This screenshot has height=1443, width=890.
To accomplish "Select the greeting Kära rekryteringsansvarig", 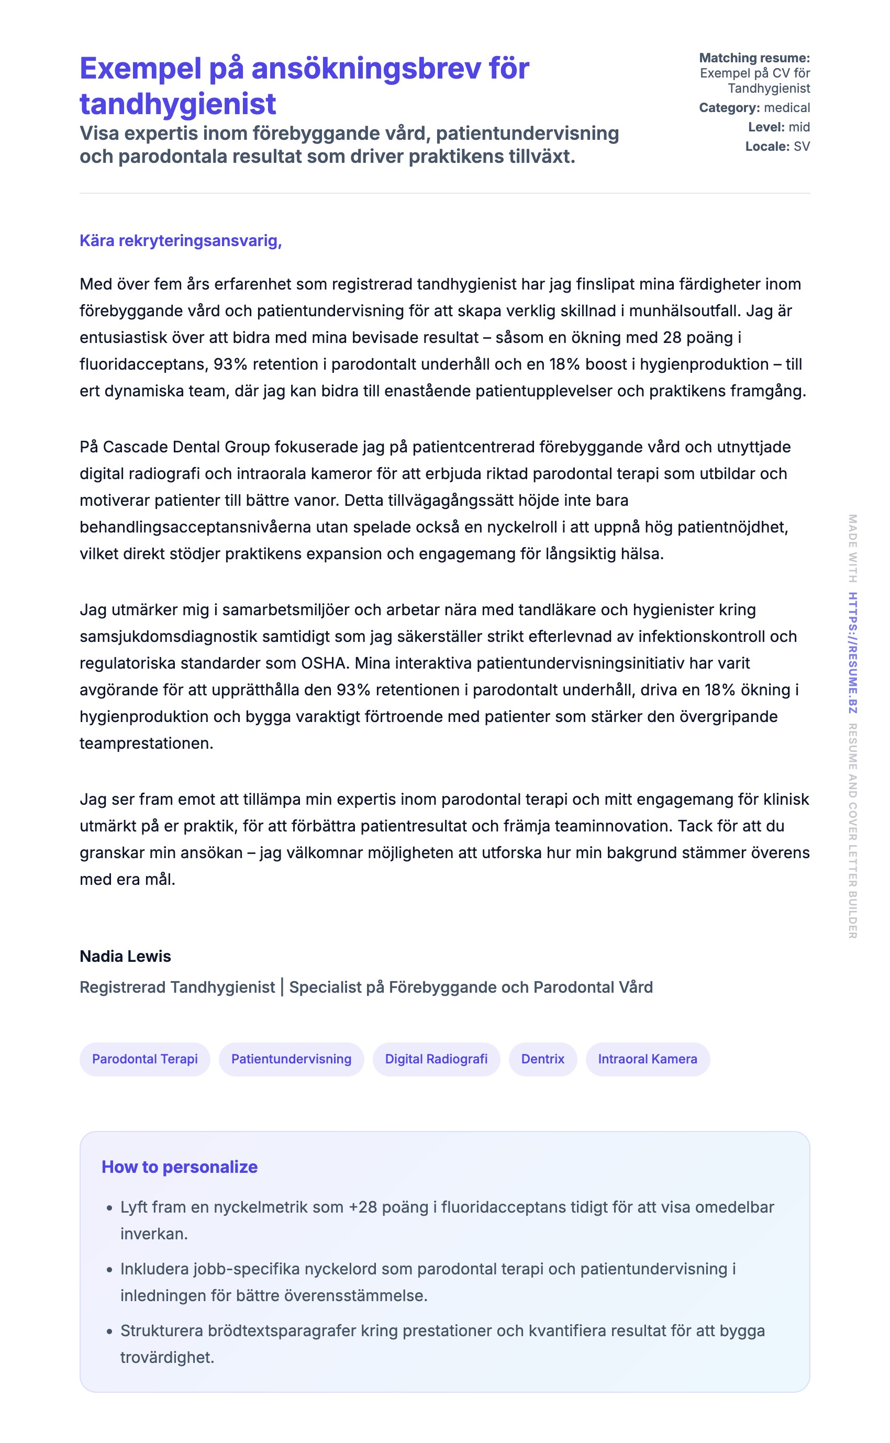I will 180,241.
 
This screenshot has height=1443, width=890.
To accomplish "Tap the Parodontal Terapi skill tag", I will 145,1059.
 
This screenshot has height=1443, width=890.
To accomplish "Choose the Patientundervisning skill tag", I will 292,1059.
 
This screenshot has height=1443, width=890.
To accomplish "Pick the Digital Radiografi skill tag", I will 436,1059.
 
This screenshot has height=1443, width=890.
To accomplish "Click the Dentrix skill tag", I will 543,1059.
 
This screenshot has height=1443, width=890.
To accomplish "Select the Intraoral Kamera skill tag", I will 648,1059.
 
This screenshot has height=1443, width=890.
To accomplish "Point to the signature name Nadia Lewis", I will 125,956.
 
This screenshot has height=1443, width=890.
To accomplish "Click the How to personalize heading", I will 180,1167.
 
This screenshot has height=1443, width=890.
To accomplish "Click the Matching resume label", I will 754,58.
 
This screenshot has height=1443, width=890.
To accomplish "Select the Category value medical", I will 787,108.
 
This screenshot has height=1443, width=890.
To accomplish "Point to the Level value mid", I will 799,127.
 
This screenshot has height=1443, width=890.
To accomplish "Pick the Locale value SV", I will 802,147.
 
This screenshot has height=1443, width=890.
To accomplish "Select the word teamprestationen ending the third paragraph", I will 146,743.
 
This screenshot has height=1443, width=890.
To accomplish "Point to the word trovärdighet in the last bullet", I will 166,1357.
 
